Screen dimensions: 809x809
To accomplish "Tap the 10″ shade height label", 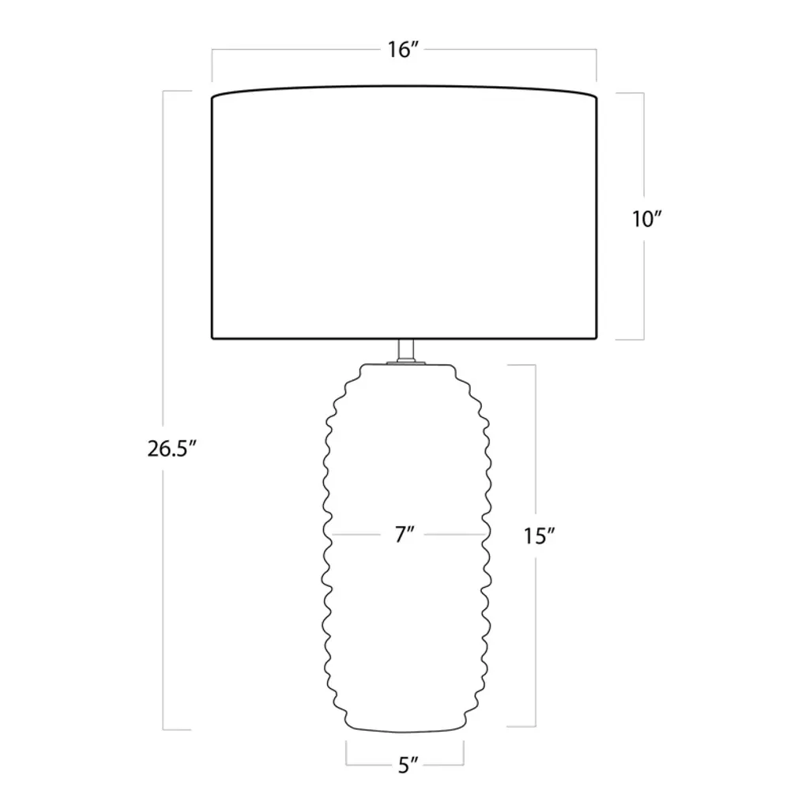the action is click(646, 220).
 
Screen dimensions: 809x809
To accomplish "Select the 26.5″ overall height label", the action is click(172, 449).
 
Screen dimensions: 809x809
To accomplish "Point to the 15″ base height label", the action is click(539, 536).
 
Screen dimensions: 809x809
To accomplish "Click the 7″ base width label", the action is click(405, 535).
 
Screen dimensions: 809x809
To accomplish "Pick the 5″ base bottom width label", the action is click(408, 765).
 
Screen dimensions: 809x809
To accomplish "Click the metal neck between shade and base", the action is click(406, 351).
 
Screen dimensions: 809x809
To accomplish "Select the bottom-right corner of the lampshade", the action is click(597, 338).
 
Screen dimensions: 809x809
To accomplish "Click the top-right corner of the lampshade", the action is click(597, 97).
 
